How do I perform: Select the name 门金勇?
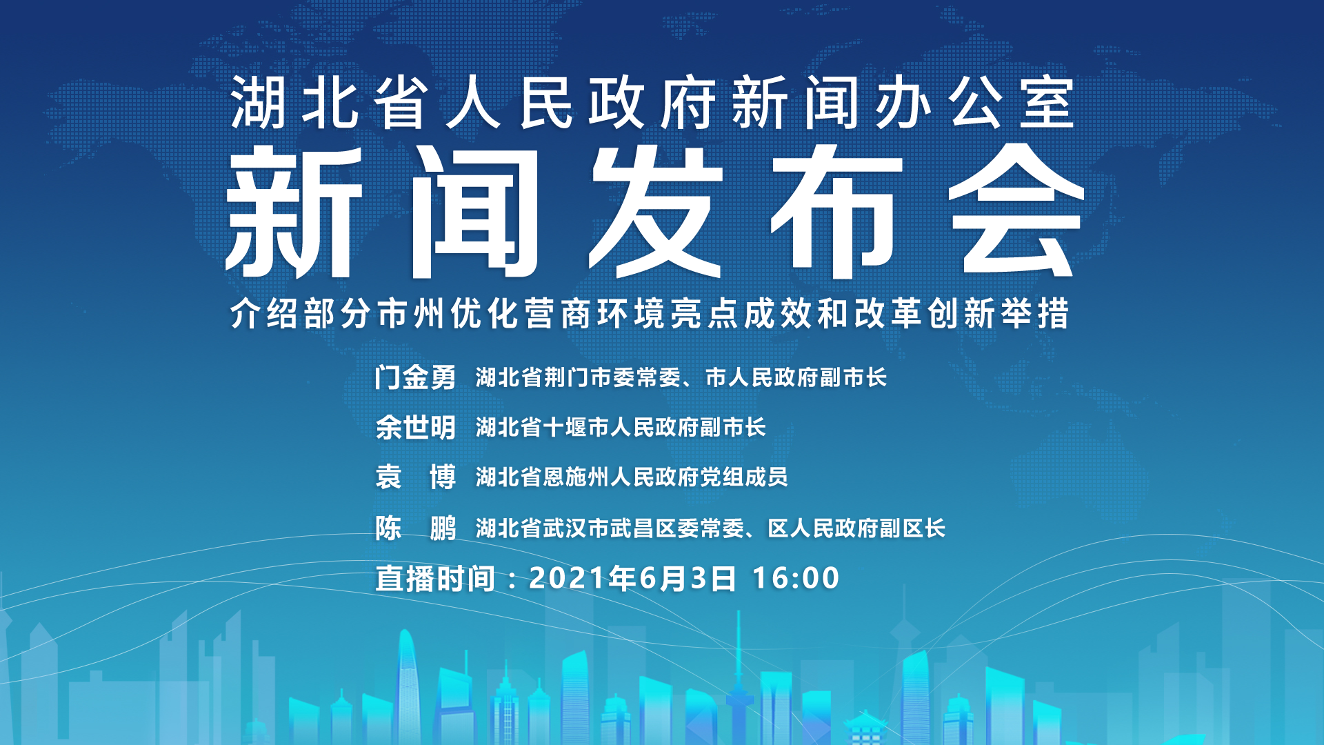coord(415,377)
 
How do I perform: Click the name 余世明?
coord(415,428)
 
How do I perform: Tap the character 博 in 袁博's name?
coord(443,477)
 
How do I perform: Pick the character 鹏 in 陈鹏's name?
coord(443,528)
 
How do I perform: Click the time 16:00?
coord(796,578)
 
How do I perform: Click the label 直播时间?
coord(435,578)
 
